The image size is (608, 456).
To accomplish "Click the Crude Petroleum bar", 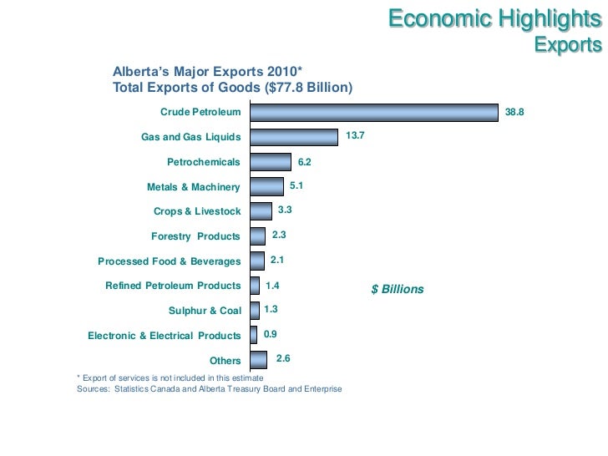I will coord(374,113).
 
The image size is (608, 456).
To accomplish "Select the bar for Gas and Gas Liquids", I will coord(295,137).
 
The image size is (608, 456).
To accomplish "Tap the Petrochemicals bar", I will coord(271,162).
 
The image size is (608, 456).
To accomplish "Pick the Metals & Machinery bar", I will coord(267,186).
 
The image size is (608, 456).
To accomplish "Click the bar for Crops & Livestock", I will coord(261,211).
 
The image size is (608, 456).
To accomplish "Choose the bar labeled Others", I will coord(259,360).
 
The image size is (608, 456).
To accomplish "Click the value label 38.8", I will coord(514,111).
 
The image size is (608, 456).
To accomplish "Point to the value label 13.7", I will coord(356,134).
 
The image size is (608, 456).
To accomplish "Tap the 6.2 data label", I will coord(304,162).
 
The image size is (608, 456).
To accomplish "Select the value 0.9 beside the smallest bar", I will coord(270,334).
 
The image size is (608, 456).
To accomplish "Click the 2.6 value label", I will coord(283,358).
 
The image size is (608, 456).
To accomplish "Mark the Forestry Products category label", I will coord(195,236).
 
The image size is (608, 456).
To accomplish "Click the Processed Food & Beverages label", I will coord(169,261).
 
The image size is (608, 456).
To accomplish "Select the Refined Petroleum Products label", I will coord(173,286).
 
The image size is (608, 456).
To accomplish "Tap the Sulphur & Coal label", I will coord(205,311).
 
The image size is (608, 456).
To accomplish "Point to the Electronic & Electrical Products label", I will coord(164,336).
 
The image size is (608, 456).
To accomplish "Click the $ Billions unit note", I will coord(398,290).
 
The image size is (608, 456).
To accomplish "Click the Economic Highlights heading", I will coord(494,19).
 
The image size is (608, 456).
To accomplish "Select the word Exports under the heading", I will coord(568,44).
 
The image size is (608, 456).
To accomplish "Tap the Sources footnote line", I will coord(209,389).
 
